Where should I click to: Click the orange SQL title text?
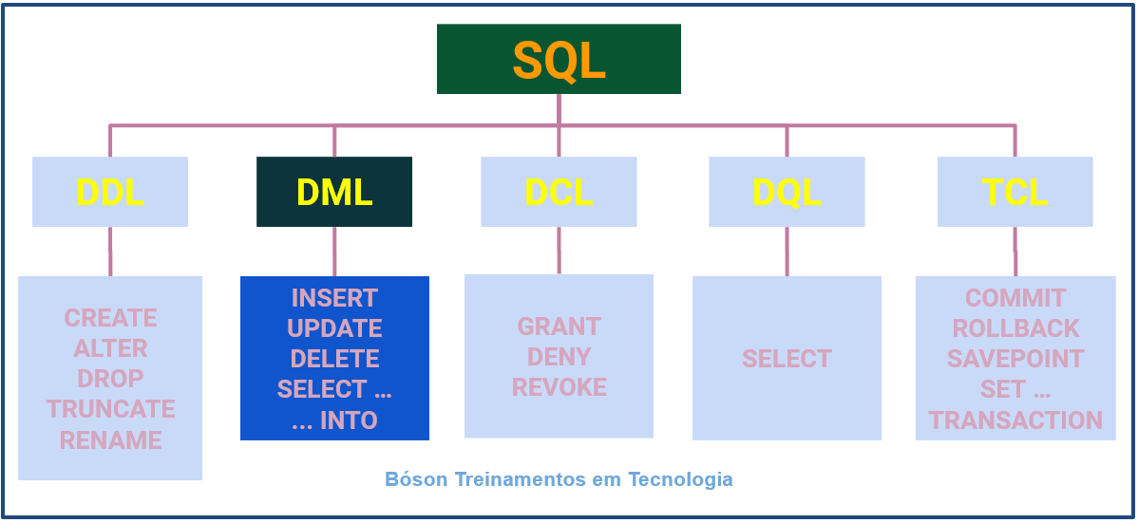click(559, 60)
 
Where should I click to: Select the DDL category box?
click(110, 192)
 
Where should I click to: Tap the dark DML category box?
click(334, 192)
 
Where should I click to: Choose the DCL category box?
click(559, 192)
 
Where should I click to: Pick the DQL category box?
click(787, 192)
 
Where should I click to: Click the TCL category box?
click(1015, 192)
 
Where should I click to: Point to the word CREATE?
click(110, 317)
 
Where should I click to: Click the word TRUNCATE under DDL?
click(110, 409)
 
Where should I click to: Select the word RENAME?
click(110, 440)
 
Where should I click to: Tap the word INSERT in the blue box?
click(334, 298)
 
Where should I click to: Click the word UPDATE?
click(334, 328)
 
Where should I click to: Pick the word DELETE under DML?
click(334, 359)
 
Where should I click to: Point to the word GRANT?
click(559, 327)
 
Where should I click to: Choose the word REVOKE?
click(559, 387)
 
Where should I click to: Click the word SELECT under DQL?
click(787, 359)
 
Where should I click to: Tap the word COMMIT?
click(1015, 298)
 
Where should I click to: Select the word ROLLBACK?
click(1015, 328)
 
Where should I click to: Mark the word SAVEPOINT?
click(1015, 359)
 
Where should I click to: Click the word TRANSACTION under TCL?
click(1015, 420)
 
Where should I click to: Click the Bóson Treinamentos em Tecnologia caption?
click(559, 479)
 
